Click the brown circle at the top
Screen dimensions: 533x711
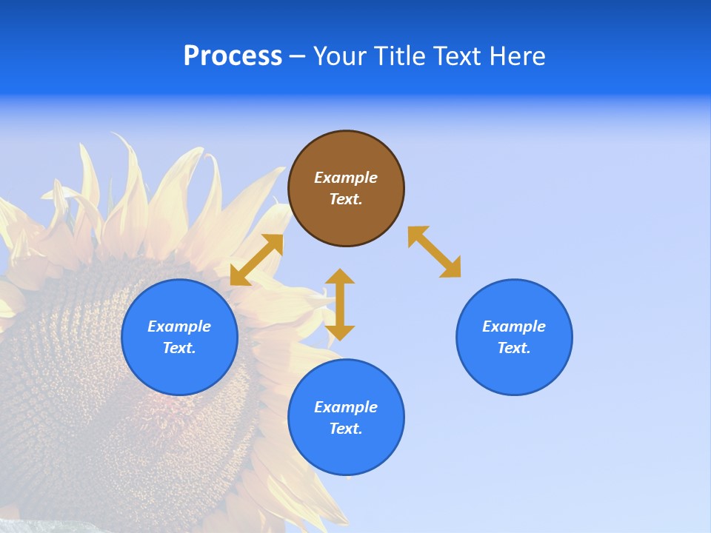click(346, 189)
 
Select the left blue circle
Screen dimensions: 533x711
click(179, 337)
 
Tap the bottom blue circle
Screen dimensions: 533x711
click(346, 418)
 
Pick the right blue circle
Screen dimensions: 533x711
click(514, 337)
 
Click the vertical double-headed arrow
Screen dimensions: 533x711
click(340, 304)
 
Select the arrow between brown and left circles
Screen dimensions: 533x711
click(257, 260)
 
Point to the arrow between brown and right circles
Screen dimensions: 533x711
click(434, 252)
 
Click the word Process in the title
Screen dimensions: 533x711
click(233, 56)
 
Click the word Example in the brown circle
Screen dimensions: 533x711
click(346, 178)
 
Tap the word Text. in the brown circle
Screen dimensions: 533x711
click(346, 199)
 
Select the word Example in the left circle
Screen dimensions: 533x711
click(179, 326)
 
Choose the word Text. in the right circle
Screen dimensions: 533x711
click(514, 348)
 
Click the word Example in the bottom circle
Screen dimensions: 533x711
click(346, 407)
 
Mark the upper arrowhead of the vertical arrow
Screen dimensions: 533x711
click(340, 277)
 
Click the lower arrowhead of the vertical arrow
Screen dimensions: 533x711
click(340, 332)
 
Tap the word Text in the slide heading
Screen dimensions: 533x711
click(455, 56)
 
